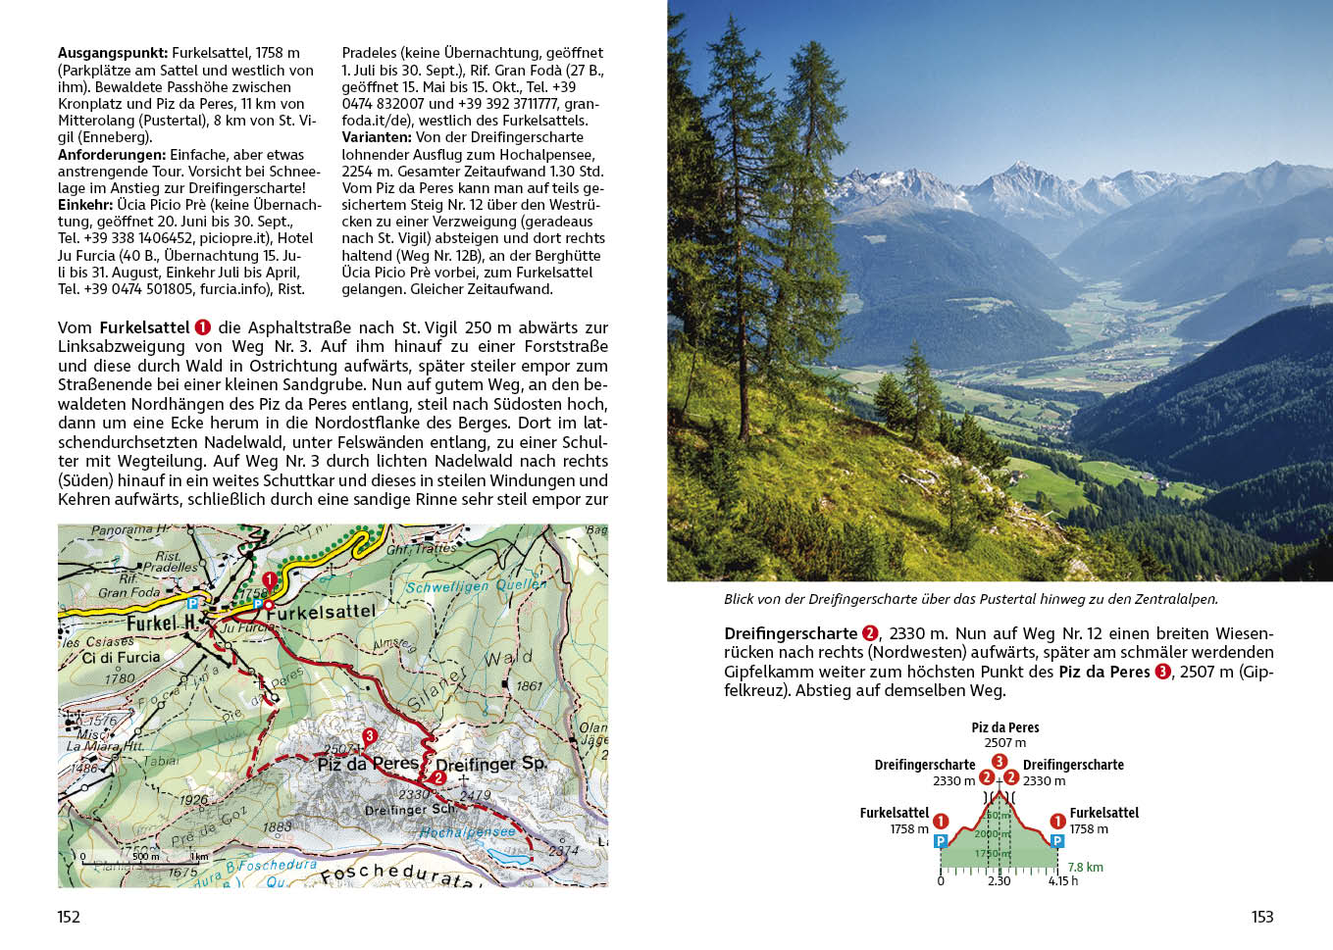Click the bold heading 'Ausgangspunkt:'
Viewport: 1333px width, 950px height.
(x=113, y=53)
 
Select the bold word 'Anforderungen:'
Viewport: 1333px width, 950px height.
(x=112, y=155)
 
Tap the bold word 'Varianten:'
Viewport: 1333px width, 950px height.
(x=377, y=137)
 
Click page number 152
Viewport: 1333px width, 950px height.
(x=69, y=917)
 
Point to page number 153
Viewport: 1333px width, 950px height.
(x=1261, y=917)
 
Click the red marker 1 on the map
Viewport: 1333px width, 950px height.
(x=270, y=579)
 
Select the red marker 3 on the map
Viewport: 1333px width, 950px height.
(x=370, y=735)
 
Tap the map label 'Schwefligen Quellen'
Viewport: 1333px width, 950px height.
(x=476, y=585)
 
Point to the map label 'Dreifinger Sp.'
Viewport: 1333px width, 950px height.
(x=490, y=764)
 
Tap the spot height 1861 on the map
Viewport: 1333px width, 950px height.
(x=529, y=685)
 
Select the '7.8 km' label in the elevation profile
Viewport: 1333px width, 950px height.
(x=1085, y=867)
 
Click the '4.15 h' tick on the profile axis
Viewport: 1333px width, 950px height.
(x=1062, y=880)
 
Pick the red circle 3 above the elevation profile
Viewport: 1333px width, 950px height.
(x=999, y=761)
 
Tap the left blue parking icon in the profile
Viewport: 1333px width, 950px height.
(x=941, y=841)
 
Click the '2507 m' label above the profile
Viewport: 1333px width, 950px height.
(x=1004, y=743)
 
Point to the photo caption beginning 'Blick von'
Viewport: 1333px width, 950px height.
(x=970, y=599)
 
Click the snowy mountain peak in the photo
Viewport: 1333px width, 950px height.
(x=1023, y=172)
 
